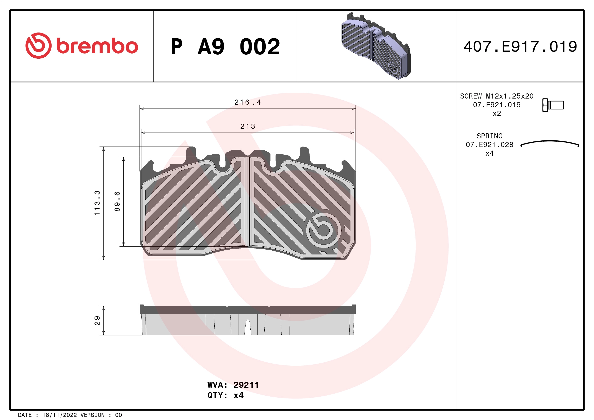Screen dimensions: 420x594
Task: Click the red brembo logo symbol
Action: tap(38, 45)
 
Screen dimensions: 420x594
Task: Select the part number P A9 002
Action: tap(225, 47)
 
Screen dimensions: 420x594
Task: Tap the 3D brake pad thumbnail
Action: tap(376, 46)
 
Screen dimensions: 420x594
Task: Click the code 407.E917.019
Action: tap(520, 47)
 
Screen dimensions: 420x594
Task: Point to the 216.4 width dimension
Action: tap(248, 102)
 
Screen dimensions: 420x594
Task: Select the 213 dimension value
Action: tap(248, 126)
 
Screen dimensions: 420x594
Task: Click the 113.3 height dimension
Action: tap(97, 203)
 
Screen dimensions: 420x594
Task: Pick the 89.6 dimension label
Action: tap(117, 201)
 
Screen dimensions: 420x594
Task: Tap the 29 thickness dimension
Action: tap(97, 320)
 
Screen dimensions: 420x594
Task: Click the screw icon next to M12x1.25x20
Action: tap(553, 105)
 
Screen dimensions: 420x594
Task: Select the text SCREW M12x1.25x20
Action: tap(496, 96)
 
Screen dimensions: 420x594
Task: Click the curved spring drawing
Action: tap(550, 143)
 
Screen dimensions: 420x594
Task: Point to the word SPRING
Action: tap(489, 136)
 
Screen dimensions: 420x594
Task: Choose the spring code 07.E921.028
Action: tap(489, 144)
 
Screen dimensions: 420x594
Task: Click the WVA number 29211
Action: tap(246, 385)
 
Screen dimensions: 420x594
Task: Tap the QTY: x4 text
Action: tap(225, 395)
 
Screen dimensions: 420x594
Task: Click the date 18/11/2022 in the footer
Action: tap(59, 415)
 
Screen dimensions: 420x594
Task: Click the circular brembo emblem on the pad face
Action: tap(323, 230)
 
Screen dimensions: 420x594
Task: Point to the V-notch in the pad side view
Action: tap(248, 327)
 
